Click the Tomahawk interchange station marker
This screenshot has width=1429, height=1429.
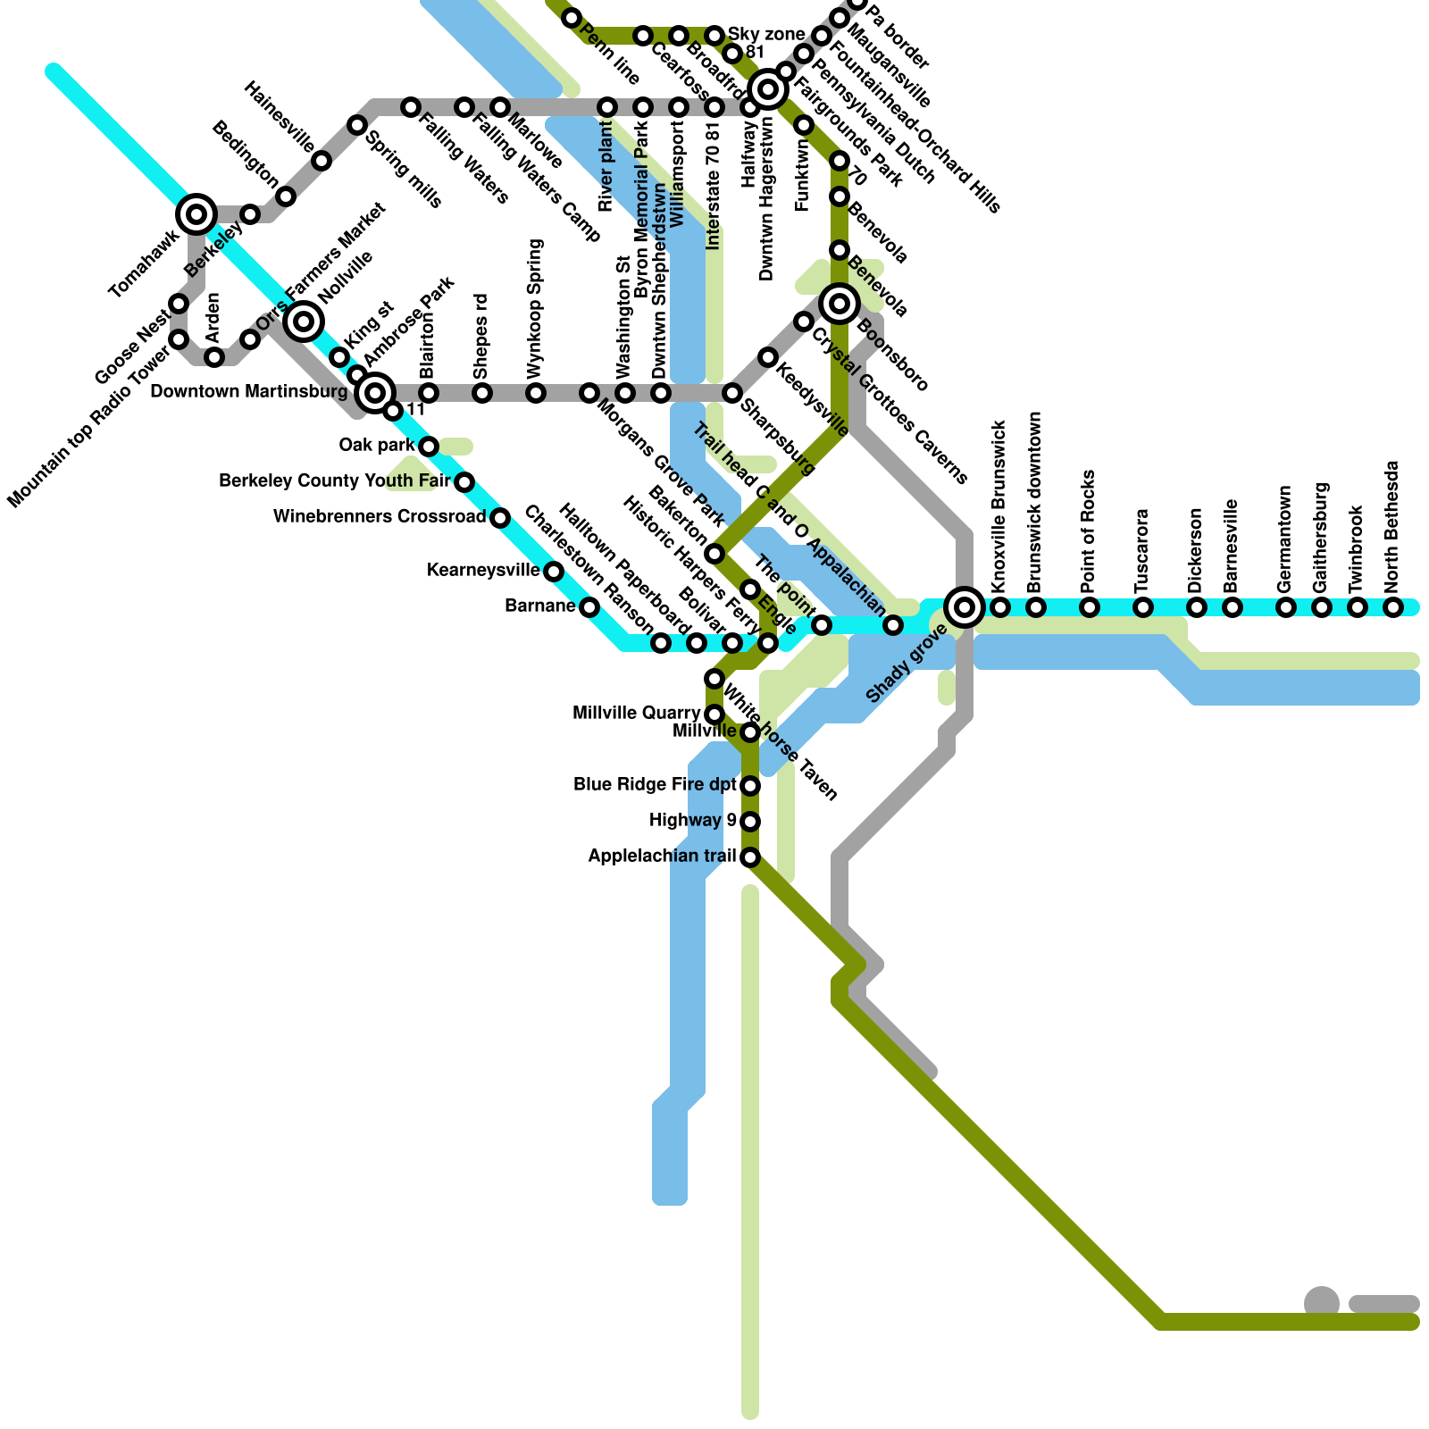pos(196,214)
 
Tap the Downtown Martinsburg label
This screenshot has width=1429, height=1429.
pos(248,391)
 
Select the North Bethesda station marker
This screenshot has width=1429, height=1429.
pos(1393,607)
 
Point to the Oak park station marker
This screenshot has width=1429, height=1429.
pos(429,447)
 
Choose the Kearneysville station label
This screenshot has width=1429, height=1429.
pos(483,571)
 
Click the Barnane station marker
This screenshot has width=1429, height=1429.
pos(589,607)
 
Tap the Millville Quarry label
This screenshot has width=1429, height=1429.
pos(636,714)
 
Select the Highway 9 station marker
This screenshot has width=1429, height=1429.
pos(750,822)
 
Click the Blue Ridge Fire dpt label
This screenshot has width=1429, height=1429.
pos(655,785)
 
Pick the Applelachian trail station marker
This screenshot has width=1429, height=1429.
pos(750,857)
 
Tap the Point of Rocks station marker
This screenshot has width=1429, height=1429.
pos(1090,607)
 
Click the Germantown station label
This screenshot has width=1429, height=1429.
pos(1285,539)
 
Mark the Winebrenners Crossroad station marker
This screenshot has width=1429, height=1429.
pos(500,518)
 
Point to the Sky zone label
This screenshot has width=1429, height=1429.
pos(766,35)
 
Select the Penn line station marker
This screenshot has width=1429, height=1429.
pos(572,18)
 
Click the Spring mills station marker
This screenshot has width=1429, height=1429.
pos(357,125)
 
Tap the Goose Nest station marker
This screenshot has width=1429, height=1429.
pos(179,304)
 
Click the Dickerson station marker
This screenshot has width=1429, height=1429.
pos(1197,607)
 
